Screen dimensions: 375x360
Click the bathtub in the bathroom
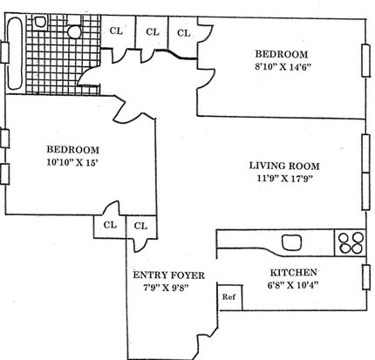[x=14, y=54]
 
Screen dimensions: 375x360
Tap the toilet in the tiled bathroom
[x=75, y=31]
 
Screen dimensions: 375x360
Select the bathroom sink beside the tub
[x=39, y=22]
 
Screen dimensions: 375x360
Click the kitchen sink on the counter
[x=291, y=242]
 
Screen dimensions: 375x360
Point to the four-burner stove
[x=351, y=243]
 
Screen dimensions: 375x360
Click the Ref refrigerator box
[x=229, y=297]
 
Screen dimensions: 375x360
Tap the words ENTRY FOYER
[x=168, y=275]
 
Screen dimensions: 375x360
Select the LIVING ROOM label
[x=284, y=166]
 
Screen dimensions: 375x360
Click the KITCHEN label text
[x=294, y=273]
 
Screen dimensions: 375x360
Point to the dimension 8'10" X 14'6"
[x=283, y=67]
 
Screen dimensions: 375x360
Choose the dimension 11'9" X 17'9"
[x=284, y=178]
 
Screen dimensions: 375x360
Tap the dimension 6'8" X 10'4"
[x=291, y=285]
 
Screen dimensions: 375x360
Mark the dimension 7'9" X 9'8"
[x=167, y=288]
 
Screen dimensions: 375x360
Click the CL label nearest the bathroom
[x=116, y=31]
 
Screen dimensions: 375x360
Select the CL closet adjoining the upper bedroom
[x=183, y=33]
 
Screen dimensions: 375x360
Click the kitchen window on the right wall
[x=366, y=277]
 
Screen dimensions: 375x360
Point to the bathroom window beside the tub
[x=5, y=52]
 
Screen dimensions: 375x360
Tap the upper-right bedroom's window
[x=365, y=60]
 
